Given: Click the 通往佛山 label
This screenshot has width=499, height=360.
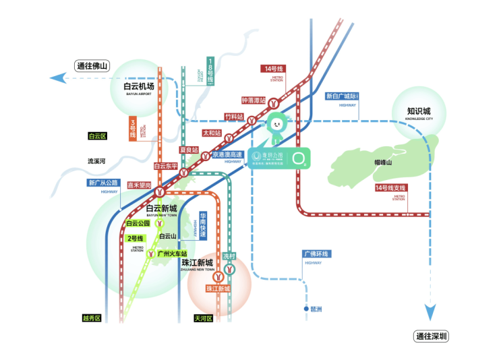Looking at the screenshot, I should [x=92, y=66].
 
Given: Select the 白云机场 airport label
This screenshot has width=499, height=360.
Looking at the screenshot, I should [x=139, y=86].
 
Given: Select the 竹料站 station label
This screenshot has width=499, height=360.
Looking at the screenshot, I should [x=233, y=117].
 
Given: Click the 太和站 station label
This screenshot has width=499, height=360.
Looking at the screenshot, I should [x=212, y=133].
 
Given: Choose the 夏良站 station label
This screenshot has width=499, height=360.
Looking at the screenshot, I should [x=188, y=150].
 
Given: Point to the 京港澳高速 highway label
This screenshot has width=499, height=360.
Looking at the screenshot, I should [x=227, y=154].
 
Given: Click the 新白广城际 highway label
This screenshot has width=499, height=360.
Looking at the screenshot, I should [x=342, y=96].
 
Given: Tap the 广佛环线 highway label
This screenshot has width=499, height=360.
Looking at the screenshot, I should [x=316, y=253].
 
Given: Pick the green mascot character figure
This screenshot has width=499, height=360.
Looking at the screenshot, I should [x=276, y=128].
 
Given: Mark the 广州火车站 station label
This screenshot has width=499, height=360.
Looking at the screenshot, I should [x=171, y=253].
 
